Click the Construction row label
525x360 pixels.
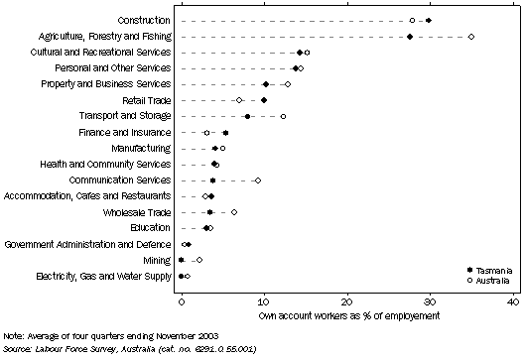click(x=143, y=20)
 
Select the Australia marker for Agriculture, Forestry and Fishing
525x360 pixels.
click(x=471, y=37)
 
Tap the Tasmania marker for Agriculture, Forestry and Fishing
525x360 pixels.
click(x=410, y=37)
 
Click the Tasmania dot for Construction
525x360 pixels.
click(x=428, y=20)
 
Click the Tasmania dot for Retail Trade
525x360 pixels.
click(x=264, y=100)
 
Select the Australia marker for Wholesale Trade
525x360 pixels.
click(x=234, y=212)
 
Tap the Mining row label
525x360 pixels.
click(x=156, y=260)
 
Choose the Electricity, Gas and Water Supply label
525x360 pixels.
click(x=103, y=276)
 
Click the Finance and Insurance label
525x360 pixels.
click(x=123, y=132)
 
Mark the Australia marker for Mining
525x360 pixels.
click(x=199, y=260)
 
